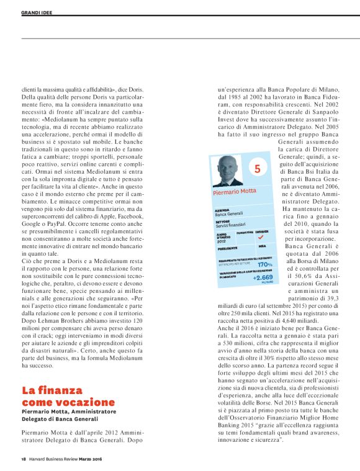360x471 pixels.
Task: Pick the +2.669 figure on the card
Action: click(263, 277)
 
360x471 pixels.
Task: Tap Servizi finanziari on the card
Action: click(231, 224)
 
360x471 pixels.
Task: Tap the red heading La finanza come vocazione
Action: click(61, 397)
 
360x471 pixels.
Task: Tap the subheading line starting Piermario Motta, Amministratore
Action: click(76, 411)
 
